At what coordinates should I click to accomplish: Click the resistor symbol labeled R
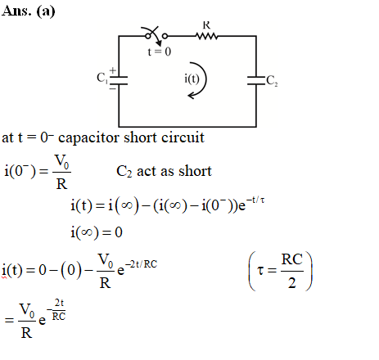(207, 36)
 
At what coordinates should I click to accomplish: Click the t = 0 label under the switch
(160, 52)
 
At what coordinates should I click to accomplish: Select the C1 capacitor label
(102, 78)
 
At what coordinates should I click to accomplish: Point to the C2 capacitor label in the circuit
(272, 81)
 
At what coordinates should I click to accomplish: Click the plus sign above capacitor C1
(113, 70)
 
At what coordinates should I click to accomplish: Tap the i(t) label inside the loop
(192, 79)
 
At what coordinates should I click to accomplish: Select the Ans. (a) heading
(29, 11)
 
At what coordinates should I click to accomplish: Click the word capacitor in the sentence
(89, 137)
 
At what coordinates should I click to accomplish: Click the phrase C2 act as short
(164, 171)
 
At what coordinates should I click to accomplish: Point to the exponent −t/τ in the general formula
(255, 200)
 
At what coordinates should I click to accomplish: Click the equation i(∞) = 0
(97, 232)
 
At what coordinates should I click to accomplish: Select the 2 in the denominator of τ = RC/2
(292, 283)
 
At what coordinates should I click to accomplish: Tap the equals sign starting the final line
(9, 320)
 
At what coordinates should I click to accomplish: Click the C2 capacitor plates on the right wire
(256, 80)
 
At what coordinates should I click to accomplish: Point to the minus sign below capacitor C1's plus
(113, 88)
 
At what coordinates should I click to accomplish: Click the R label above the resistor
(206, 25)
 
